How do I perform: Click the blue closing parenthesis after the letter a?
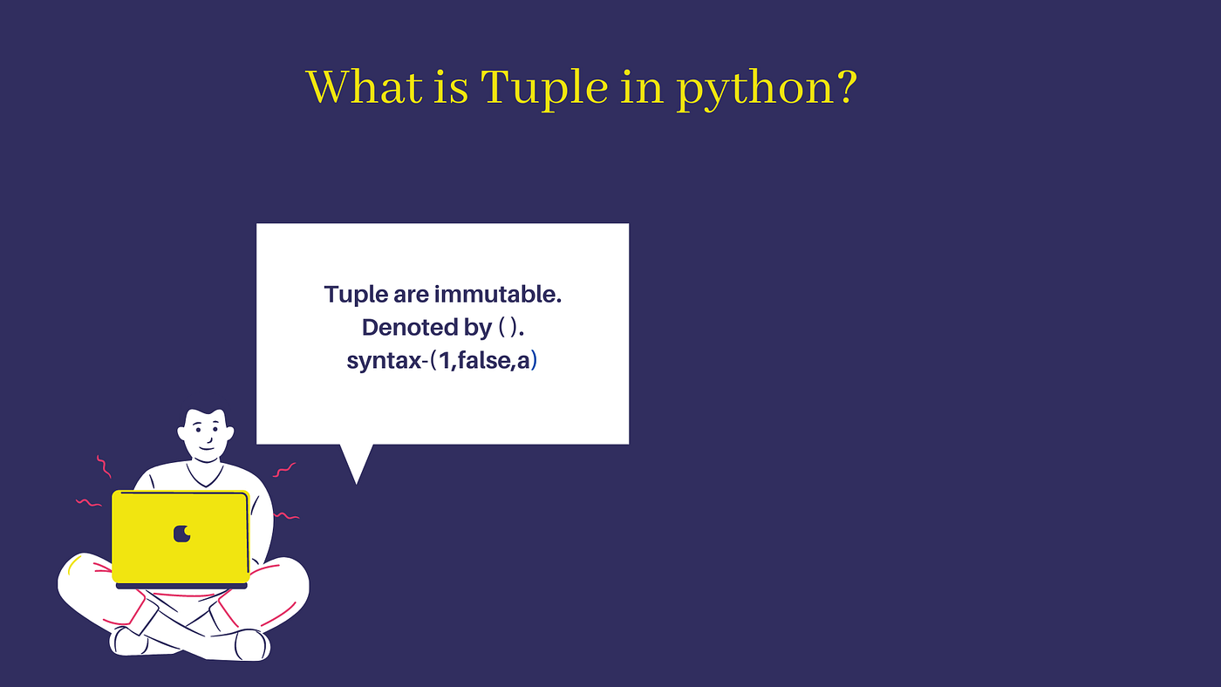534,360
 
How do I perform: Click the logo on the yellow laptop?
181,533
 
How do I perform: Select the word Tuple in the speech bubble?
357,295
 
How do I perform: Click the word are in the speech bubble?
411,295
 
